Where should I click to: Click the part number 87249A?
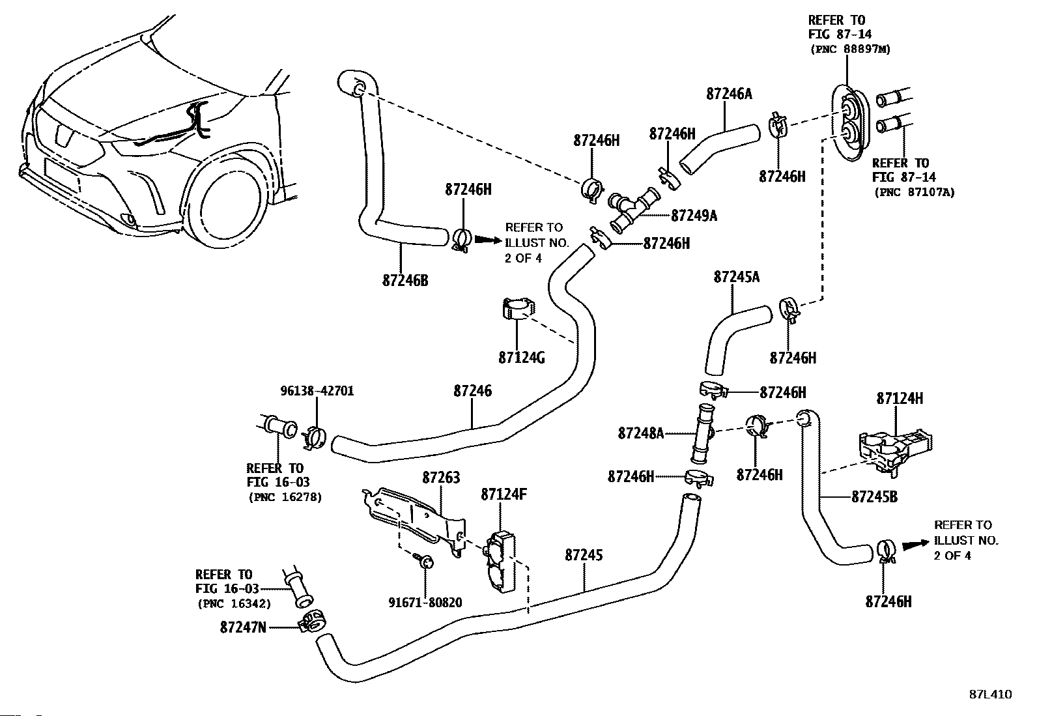click(x=694, y=216)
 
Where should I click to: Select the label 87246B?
click(x=405, y=280)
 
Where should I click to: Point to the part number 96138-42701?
click(x=317, y=391)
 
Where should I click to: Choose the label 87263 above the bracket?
click(x=441, y=478)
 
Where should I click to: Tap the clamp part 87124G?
click(x=518, y=308)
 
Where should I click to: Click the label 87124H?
click(x=900, y=398)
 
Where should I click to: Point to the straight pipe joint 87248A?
click(x=702, y=433)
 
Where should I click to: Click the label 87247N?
click(x=243, y=627)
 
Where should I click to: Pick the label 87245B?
click(x=875, y=497)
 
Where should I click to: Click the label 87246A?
click(x=729, y=94)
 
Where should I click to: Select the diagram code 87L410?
click(x=991, y=695)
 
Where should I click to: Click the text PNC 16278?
click(x=285, y=497)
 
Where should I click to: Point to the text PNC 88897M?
click(x=850, y=49)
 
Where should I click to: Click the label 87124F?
click(x=504, y=494)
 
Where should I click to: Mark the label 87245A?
click(x=737, y=277)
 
